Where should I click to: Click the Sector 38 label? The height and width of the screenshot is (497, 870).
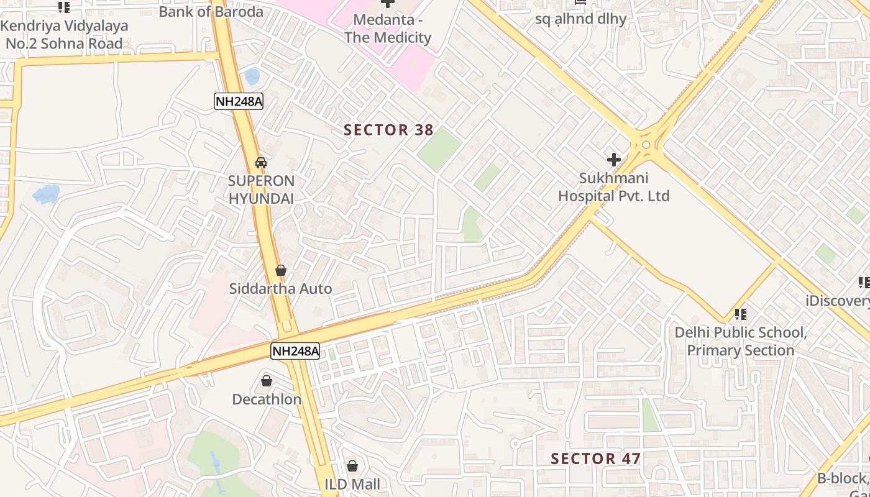click(388, 130)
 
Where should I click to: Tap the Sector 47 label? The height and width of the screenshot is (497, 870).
click(595, 459)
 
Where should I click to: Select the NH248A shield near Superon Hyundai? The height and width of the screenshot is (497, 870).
click(239, 101)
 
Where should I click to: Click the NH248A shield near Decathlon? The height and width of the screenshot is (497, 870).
click(295, 351)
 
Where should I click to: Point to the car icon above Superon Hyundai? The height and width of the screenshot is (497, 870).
click(261, 163)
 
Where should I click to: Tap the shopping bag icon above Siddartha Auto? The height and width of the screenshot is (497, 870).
click(281, 270)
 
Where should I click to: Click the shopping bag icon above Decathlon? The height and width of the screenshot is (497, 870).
click(267, 380)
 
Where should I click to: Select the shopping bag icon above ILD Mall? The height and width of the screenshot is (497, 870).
click(352, 465)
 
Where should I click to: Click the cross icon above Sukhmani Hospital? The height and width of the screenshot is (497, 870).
click(614, 160)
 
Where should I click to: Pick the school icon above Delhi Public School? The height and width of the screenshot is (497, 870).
click(740, 314)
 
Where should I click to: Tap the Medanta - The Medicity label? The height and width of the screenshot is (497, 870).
click(388, 29)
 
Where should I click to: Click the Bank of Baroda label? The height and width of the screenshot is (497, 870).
click(211, 11)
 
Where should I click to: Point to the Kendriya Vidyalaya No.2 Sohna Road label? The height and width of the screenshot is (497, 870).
click(64, 35)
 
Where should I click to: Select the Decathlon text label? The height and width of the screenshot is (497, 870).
click(267, 399)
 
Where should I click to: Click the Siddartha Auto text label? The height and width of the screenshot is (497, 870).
click(281, 289)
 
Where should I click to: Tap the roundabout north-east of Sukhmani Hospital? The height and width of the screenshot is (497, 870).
click(646, 145)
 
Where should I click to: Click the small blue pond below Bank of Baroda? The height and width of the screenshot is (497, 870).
click(252, 76)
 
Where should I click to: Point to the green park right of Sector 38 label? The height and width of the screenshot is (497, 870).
click(439, 149)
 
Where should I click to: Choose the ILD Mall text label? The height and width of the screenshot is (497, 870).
click(352, 484)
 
